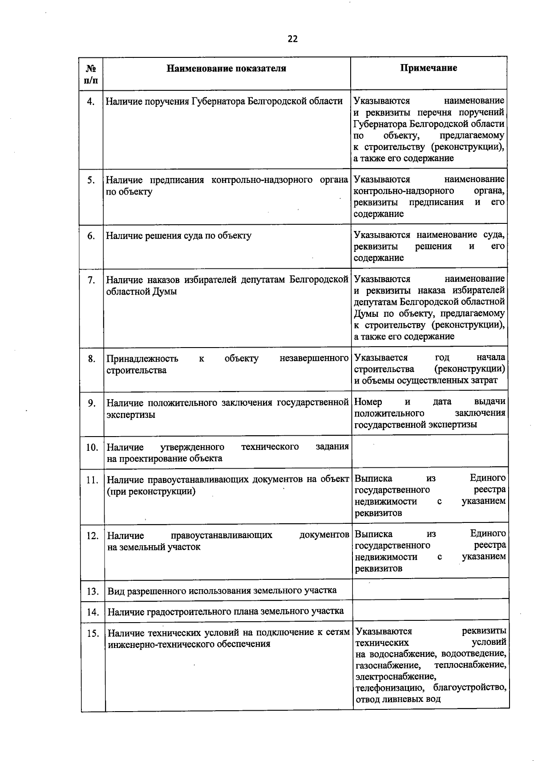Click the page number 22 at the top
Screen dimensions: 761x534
[292, 39]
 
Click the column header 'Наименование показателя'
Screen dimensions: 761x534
[226, 68]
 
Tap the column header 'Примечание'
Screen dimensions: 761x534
[428, 68]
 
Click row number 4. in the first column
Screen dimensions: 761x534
[91, 101]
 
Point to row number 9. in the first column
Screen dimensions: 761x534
[92, 403]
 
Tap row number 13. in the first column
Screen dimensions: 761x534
[93, 591]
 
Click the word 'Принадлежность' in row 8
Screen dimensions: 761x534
[142, 359]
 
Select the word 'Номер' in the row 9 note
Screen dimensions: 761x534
[368, 401]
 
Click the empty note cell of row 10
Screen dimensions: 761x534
[429, 452]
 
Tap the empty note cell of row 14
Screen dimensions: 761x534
[430, 611]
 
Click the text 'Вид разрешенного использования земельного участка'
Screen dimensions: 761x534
[222, 591]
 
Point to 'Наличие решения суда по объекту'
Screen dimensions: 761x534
[178, 236]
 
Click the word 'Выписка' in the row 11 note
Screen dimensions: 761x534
[373, 478]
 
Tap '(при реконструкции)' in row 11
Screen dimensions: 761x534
[151, 492]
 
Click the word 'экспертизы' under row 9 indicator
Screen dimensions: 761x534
[131, 415]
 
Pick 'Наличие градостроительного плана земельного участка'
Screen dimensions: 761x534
[225, 611]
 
